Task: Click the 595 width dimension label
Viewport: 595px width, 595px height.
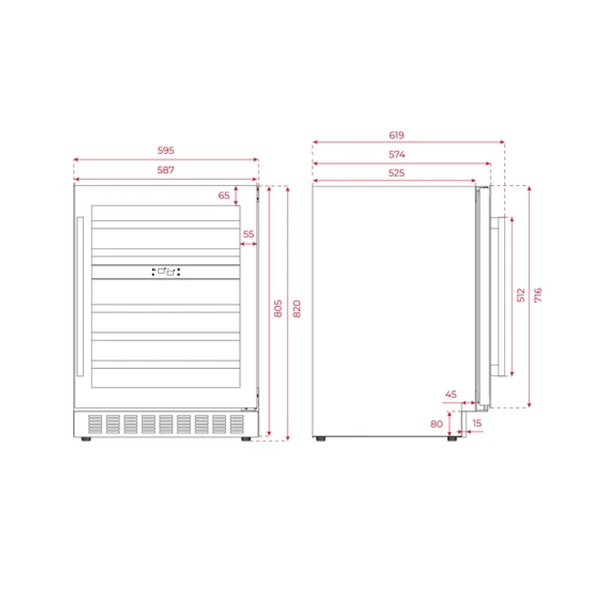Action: (x=166, y=151)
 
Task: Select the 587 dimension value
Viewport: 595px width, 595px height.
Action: (x=166, y=170)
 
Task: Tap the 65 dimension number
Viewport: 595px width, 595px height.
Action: (x=224, y=195)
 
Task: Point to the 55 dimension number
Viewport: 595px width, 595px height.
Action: (x=249, y=234)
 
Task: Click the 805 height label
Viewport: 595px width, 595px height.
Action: (x=278, y=308)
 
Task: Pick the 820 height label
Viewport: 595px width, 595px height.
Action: (x=297, y=308)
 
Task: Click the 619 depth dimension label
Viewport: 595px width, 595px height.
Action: (x=396, y=135)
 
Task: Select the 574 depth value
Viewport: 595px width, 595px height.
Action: (x=396, y=155)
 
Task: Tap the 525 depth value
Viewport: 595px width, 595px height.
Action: (x=396, y=173)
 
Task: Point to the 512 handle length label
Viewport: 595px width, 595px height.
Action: (x=521, y=295)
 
